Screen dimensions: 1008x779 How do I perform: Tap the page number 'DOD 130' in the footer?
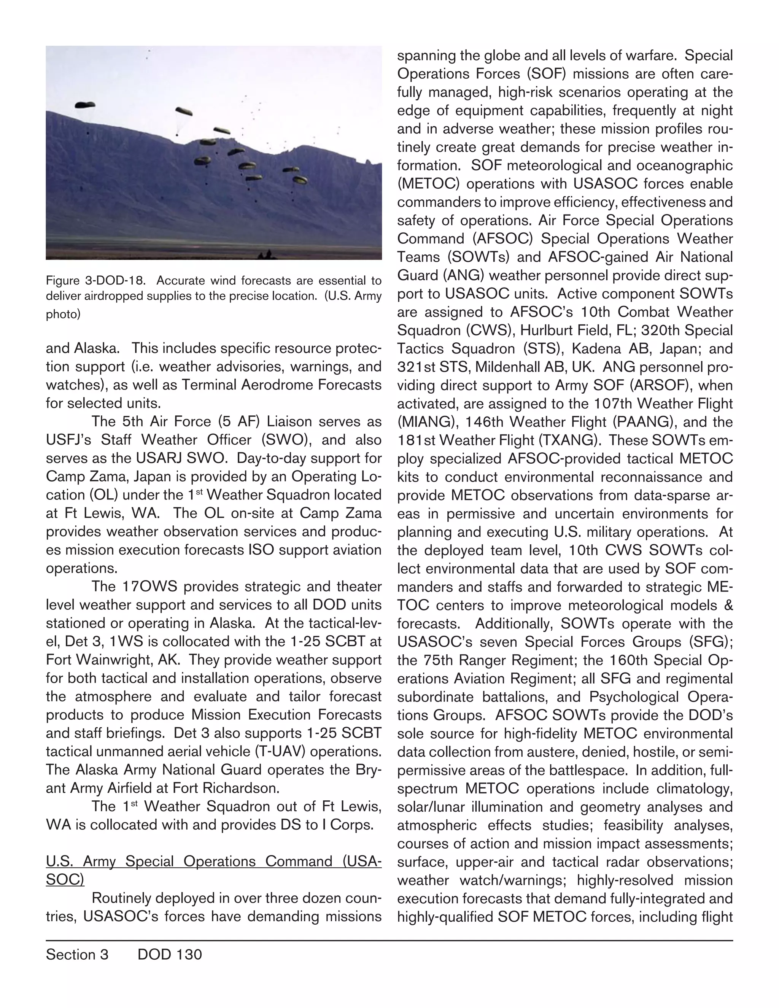(169, 954)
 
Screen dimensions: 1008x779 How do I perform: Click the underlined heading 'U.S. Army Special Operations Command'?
(213, 862)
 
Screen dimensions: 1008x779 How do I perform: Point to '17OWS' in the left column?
(149, 587)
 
